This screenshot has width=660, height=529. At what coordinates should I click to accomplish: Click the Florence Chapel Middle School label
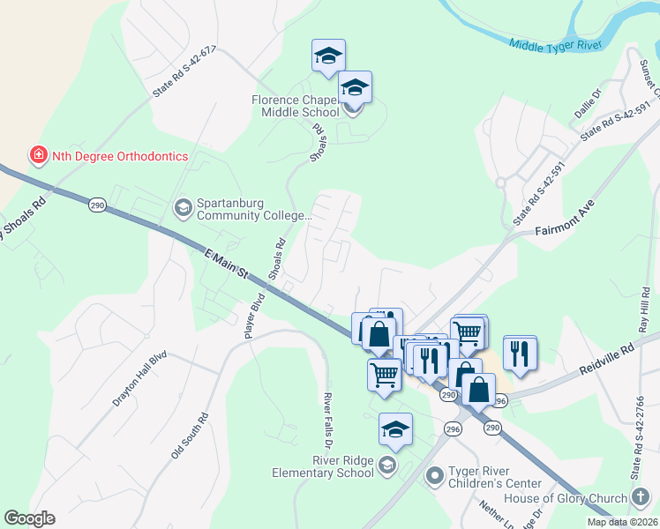point(296,106)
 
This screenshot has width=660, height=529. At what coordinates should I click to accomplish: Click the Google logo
point(29,518)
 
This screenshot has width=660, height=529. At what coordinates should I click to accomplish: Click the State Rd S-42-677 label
point(184,72)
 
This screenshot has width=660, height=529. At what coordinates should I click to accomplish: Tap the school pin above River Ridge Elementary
point(395,430)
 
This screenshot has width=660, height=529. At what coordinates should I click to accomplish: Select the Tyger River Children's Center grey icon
point(434,476)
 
